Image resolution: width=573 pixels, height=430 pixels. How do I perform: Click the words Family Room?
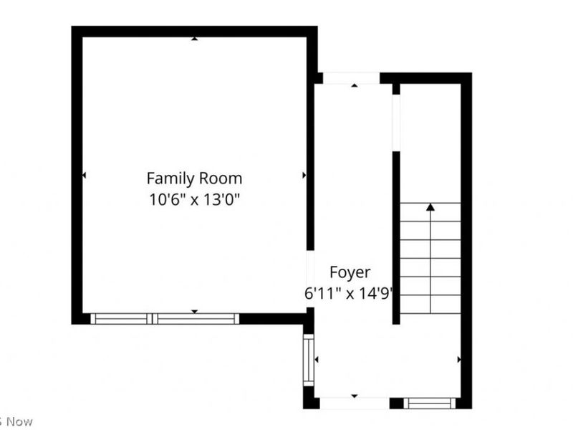pyautogui.click(x=194, y=178)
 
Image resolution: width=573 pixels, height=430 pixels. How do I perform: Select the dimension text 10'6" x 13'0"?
pyautogui.click(x=194, y=199)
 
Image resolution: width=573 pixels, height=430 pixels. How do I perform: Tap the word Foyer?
pyautogui.click(x=350, y=272)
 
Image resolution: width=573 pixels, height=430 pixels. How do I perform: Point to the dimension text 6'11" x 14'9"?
pyautogui.click(x=350, y=293)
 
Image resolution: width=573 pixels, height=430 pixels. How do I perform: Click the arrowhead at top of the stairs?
pyautogui.click(x=430, y=207)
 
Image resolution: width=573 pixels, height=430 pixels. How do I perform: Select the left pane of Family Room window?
pyautogui.click(x=120, y=319)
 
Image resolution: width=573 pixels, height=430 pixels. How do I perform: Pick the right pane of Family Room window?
pyautogui.click(x=196, y=319)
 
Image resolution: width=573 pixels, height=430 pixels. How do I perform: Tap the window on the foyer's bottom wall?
pyautogui.click(x=430, y=403)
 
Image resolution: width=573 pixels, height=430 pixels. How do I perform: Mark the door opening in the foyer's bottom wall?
pyautogui.click(x=355, y=403)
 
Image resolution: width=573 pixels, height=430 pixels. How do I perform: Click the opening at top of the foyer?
pyautogui.click(x=351, y=78)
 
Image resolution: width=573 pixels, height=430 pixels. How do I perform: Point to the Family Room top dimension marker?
pyautogui.click(x=194, y=39)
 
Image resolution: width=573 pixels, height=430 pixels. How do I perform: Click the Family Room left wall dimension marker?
pyautogui.click(x=85, y=175)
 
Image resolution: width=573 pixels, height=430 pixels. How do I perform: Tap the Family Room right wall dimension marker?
pyautogui.click(x=304, y=175)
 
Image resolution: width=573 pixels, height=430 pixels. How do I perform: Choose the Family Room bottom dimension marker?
pyautogui.click(x=194, y=311)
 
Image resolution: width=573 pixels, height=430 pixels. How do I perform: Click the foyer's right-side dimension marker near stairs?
pyautogui.click(x=458, y=359)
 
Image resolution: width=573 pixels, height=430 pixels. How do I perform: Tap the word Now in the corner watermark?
pyautogui.click(x=19, y=421)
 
